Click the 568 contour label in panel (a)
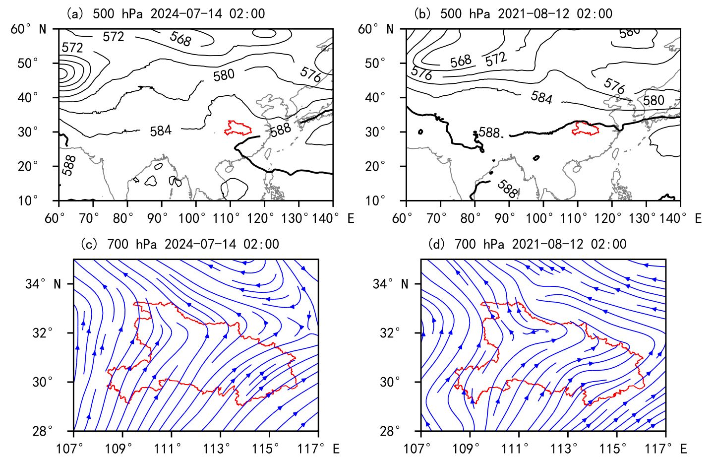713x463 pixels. [x=180, y=39]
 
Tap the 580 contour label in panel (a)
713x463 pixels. [x=224, y=75]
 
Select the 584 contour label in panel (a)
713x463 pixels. [x=161, y=131]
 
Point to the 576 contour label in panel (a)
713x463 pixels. [x=311, y=73]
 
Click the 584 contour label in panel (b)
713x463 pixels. [x=541, y=97]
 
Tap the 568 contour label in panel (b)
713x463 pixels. [x=461, y=61]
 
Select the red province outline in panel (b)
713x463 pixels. [x=585, y=129]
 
